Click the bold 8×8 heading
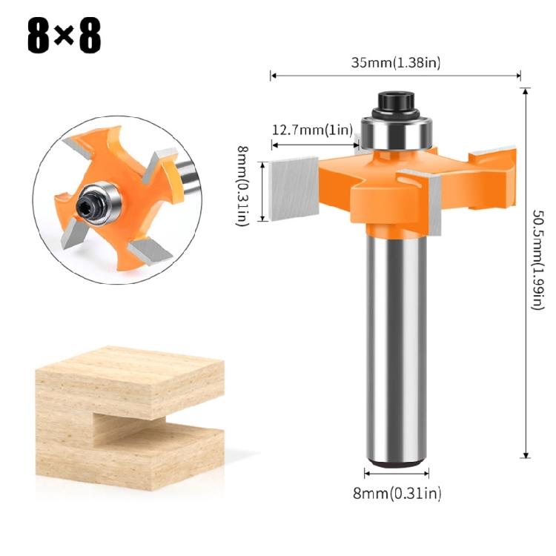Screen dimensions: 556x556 click(x=64, y=35)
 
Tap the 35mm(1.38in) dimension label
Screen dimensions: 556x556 click(x=396, y=62)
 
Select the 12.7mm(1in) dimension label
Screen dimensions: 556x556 click(x=311, y=130)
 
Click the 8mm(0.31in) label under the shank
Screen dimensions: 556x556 click(x=397, y=492)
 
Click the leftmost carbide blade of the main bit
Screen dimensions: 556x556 click(x=294, y=190)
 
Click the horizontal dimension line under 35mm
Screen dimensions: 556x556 click(x=396, y=75)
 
